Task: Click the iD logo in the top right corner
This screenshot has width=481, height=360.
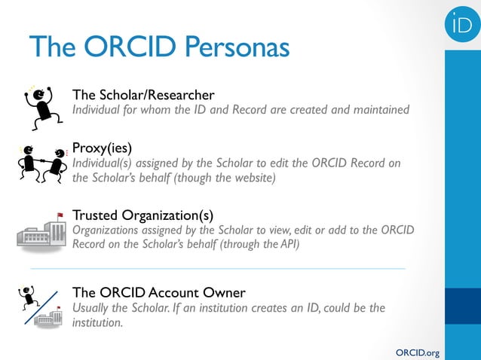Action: [462, 25]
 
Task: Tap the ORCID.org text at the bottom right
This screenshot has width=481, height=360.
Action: [417, 352]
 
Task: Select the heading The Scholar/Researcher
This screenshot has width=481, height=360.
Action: [142, 95]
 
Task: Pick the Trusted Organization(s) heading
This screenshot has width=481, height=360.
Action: [142, 215]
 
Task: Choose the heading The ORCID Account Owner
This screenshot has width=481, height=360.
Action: [158, 292]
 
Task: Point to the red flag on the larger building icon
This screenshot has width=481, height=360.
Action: [60, 215]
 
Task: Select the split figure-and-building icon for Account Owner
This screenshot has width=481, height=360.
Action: [42, 307]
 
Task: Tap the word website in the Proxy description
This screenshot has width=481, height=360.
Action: [252, 178]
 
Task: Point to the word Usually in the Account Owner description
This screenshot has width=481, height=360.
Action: [92, 308]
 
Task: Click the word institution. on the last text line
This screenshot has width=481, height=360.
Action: [97, 322]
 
